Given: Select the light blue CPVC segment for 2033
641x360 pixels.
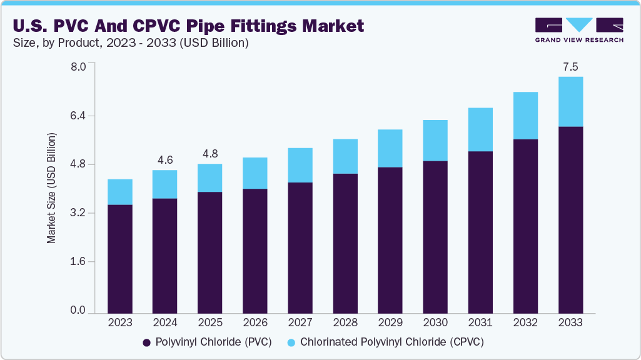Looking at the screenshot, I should click(x=570, y=101).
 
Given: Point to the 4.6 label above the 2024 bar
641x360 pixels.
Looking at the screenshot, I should click(x=165, y=160).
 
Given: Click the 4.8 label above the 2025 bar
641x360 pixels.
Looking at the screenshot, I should click(x=209, y=154).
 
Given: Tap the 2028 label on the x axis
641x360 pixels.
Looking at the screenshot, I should click(x=345, y=323).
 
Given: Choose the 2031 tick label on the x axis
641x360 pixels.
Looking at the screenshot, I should click(x=480, y=323).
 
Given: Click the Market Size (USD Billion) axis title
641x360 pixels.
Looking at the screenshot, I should click(x=52, y=188).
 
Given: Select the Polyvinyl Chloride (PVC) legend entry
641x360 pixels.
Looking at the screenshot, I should click(x=206, y=342).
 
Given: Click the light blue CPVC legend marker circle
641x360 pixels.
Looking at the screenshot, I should click(x=292, y=342).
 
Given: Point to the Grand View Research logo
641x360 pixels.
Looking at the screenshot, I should click(x=578, y=29).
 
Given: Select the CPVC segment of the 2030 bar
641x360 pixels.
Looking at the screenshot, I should click(x=435, y=140).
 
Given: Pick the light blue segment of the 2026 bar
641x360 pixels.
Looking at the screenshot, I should click(x=255, y=173).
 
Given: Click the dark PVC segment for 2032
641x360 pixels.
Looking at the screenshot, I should click(x=525, y=226).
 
